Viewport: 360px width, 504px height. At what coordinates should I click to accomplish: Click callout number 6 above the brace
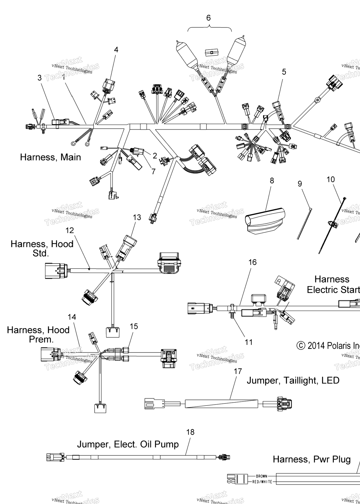(208, 18)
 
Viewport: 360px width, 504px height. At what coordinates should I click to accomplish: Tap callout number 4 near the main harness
(116, 50)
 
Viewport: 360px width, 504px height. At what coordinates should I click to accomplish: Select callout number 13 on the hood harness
(137, 217)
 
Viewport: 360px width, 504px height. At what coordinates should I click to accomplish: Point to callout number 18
(190, 432)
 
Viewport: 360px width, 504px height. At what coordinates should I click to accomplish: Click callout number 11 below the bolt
(249, 342)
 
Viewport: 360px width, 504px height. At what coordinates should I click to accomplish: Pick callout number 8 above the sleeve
(272, 181)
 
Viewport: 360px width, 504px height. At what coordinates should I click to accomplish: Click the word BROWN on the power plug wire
(261, 476)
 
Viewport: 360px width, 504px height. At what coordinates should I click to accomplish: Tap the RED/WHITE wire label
(262, 482)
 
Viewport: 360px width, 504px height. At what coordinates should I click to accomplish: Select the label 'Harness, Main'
(51, 157)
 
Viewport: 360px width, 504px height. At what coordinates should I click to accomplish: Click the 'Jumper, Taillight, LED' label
(293, 381)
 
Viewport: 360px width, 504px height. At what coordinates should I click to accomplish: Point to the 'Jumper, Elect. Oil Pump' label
(128, 444)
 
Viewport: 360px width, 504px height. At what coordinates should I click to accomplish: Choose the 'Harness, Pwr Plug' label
(312, 460)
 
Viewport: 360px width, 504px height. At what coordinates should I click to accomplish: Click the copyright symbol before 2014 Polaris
(301, 346)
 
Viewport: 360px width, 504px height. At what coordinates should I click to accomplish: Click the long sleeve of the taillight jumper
(222, 404)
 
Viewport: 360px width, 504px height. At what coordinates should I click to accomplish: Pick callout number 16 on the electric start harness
(253, 262)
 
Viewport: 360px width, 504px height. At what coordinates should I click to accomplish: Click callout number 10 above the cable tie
(331, 179)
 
